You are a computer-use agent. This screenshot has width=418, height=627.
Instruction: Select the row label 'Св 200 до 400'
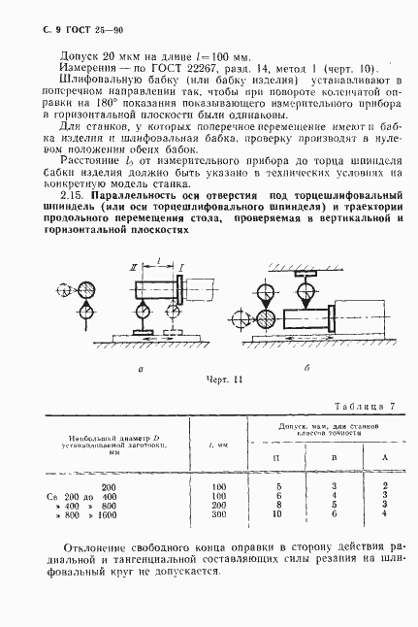[81, 521]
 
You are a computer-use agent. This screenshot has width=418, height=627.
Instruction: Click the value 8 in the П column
[278, 530]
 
